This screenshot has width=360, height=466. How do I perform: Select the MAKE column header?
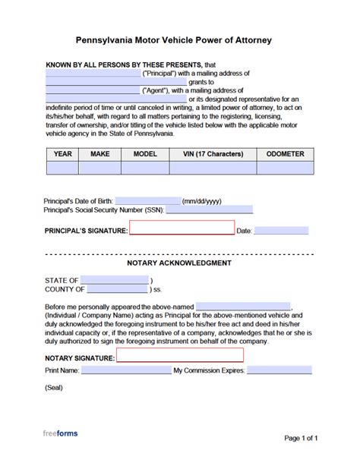[100, 153]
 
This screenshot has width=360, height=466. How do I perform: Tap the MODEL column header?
[145, 153]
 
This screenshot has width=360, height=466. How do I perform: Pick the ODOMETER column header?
[285, 153]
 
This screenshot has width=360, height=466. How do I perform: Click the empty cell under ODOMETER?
[285, 168]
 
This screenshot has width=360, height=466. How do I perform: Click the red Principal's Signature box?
[182, 228]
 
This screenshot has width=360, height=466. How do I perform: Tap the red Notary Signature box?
[179, 355]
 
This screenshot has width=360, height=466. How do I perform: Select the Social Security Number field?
[209, 210]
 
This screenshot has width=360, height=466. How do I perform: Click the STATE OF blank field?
[115, 280]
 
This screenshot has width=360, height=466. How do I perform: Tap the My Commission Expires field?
[279, 371]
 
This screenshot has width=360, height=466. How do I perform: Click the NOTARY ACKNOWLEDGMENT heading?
[178, 263]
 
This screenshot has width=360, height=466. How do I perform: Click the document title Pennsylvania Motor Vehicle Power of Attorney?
[179, 38]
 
